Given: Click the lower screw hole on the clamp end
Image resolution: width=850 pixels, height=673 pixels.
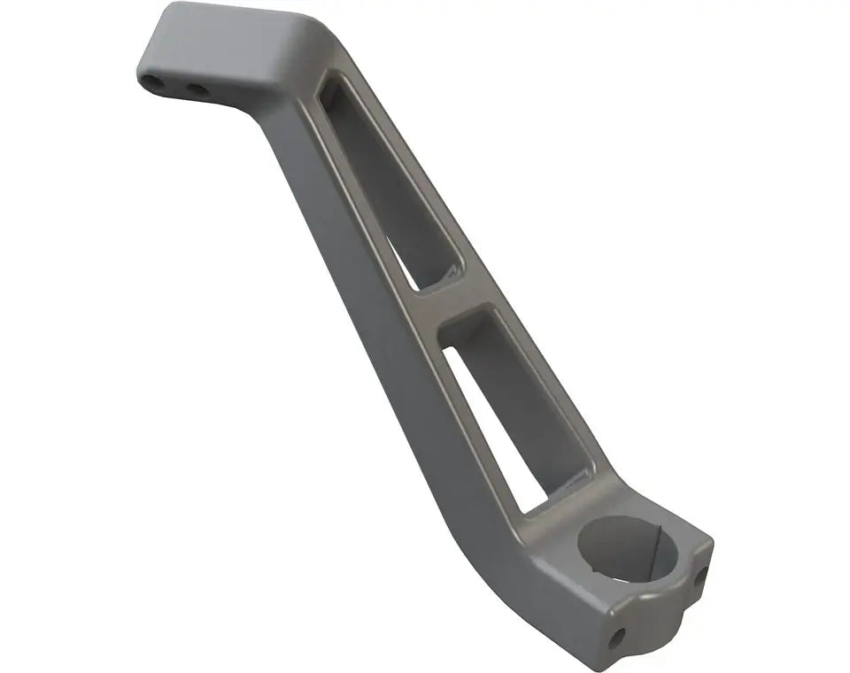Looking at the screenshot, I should pyautogui.click(x=616, y=636).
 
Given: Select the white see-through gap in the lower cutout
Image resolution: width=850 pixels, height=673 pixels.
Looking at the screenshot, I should pyautogui.click(x=496, y=434).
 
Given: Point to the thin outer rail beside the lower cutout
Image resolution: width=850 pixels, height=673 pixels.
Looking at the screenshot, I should pyautogui.click(x=558, y=390).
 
